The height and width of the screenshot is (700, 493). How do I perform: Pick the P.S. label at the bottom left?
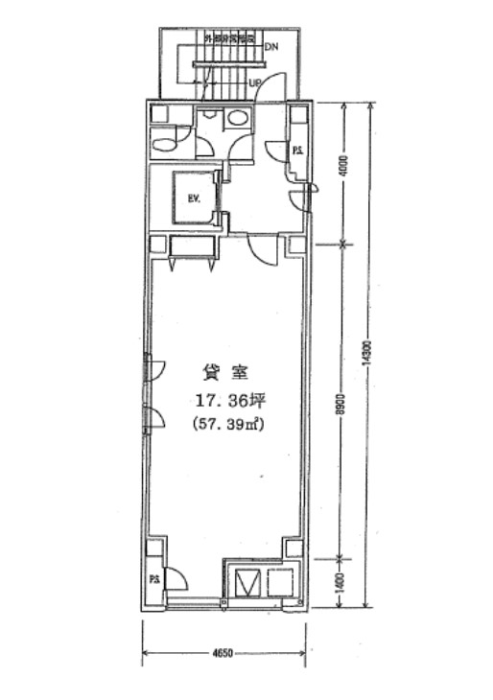[x=153, y=579]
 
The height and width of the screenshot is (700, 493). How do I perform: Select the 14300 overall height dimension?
[x=368, y=353]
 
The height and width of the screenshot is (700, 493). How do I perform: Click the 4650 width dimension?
[x=223, y=654]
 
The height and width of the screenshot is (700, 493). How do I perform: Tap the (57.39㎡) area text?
[x=228, y=423]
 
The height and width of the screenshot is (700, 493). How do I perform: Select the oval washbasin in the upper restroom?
[x=236, y=118]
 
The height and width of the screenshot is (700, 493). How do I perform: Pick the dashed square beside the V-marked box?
[x=278, y=583]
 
